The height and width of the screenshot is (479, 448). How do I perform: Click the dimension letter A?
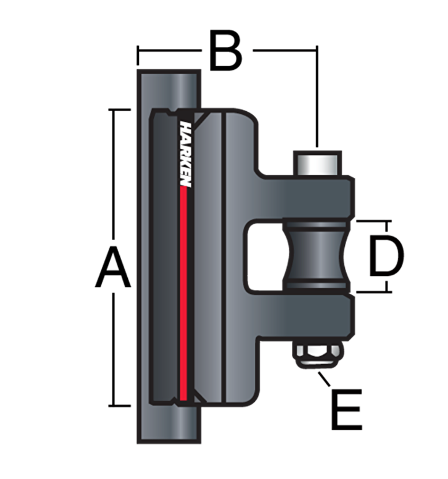(113, 267)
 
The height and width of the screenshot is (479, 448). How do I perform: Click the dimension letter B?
(226, 50)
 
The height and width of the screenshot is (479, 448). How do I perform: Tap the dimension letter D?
(386, 256)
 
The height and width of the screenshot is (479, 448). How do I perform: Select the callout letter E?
(347, 409)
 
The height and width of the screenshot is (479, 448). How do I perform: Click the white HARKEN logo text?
(186, 154)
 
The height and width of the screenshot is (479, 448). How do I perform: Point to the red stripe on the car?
(183, 293)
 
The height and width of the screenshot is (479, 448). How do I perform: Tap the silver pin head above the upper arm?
(317, 163)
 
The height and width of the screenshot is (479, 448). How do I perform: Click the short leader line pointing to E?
(324, 379)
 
